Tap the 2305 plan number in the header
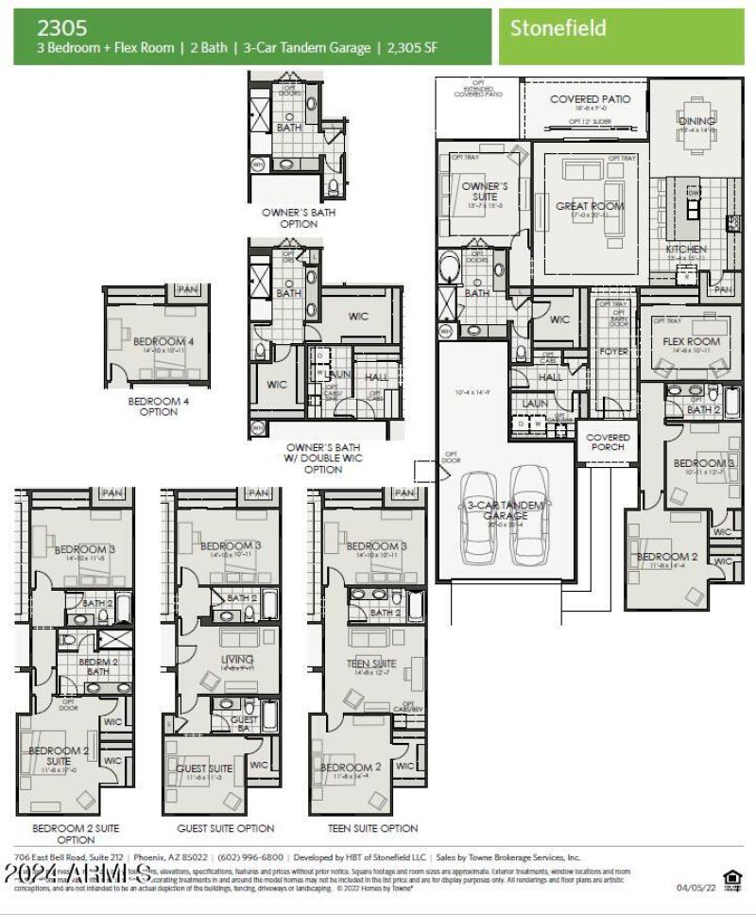56,28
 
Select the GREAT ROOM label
590,206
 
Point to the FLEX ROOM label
691,341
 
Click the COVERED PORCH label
608,441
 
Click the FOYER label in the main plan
613,351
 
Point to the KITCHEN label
686,250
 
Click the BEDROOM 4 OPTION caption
159,406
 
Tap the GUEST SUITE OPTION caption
226,828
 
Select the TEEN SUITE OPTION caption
372,828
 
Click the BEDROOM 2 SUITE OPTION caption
76,833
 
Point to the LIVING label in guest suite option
236,659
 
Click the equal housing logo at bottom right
731,879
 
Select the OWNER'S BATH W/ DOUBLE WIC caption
322,458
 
